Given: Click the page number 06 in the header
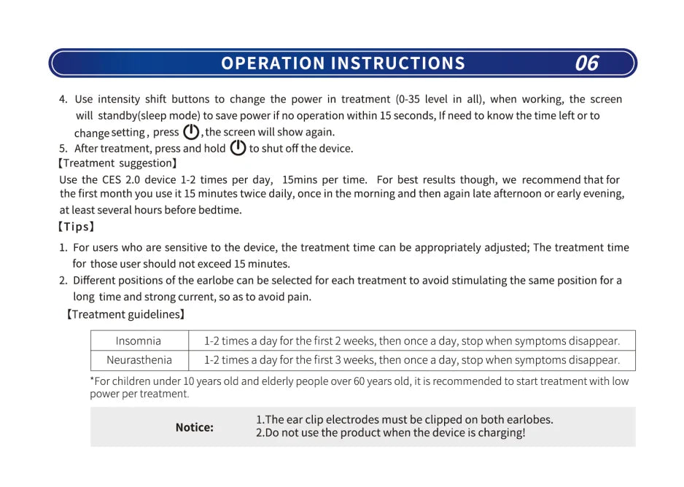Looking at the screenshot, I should tap(586, 63).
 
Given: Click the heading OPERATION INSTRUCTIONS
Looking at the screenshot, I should tap(343, 63).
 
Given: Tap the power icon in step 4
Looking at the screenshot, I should tap(191, 132).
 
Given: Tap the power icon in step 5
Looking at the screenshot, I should tap(238, 148).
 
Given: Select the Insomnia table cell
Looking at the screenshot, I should tap(139, 340).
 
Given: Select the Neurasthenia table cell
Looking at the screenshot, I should tap(139, 360).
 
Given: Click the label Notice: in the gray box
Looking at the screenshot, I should tap(194, 427).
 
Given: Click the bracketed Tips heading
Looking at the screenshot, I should tap(77, 227).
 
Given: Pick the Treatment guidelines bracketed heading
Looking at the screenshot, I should tap(125, 314).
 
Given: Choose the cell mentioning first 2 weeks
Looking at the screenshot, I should tap(412, 340).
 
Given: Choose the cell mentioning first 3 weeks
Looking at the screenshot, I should tap(412, 360).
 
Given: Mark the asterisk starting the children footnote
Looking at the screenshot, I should tap(93, 381).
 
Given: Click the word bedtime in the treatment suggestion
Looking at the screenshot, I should tap(220, 210).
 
